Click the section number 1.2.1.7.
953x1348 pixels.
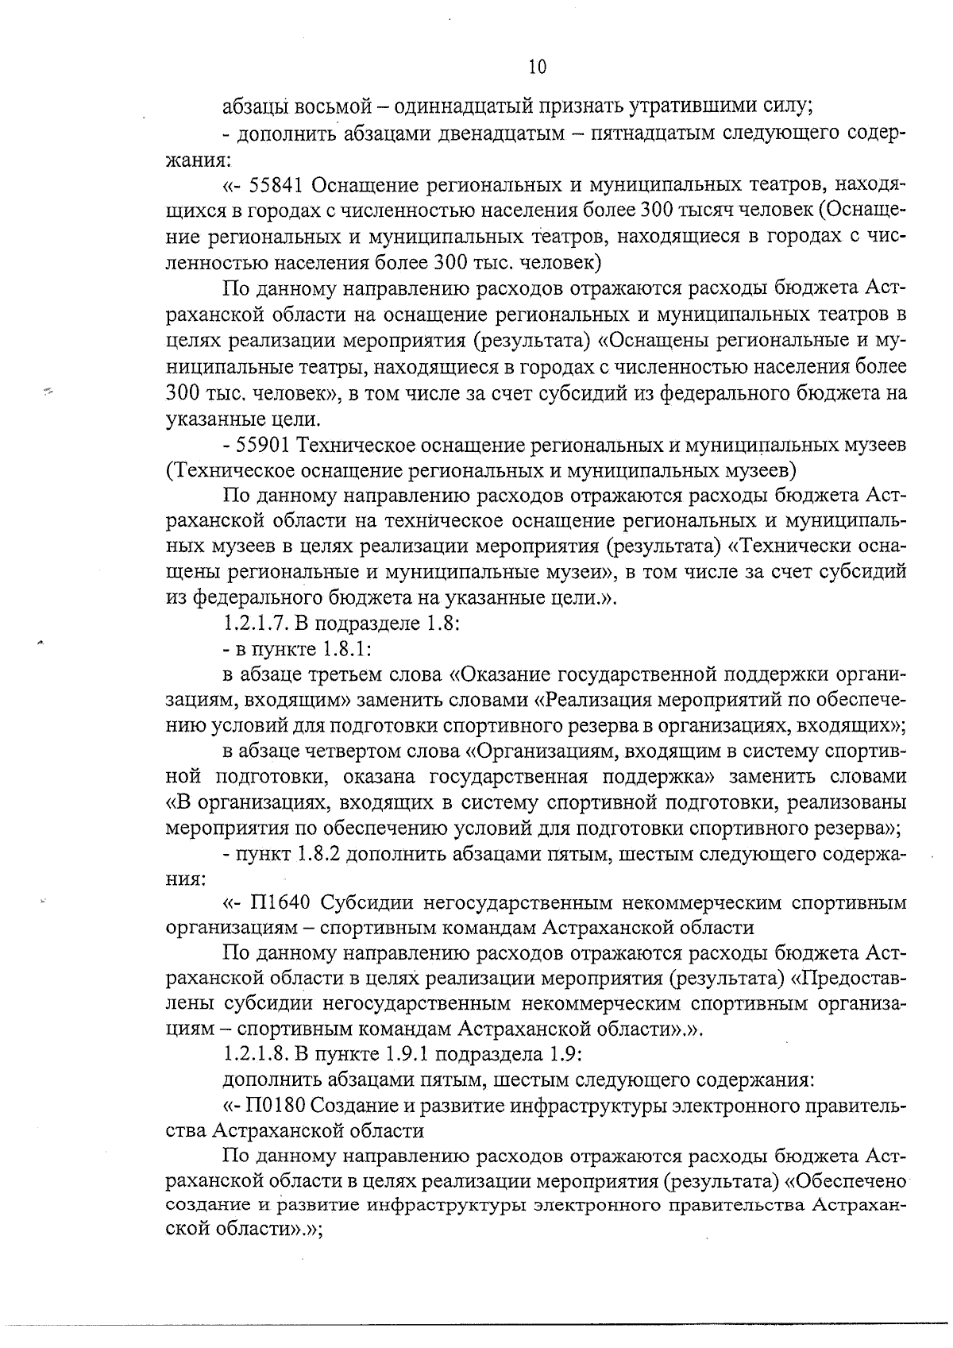coord(258,624)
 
